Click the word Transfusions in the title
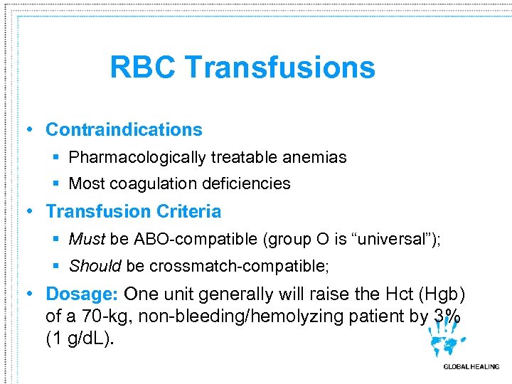coord(280,68)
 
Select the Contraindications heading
coord(124,129)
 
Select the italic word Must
coord(86,240)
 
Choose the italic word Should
coord(95,266)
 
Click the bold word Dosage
coord(82,294)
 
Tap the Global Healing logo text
coord(471,367)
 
